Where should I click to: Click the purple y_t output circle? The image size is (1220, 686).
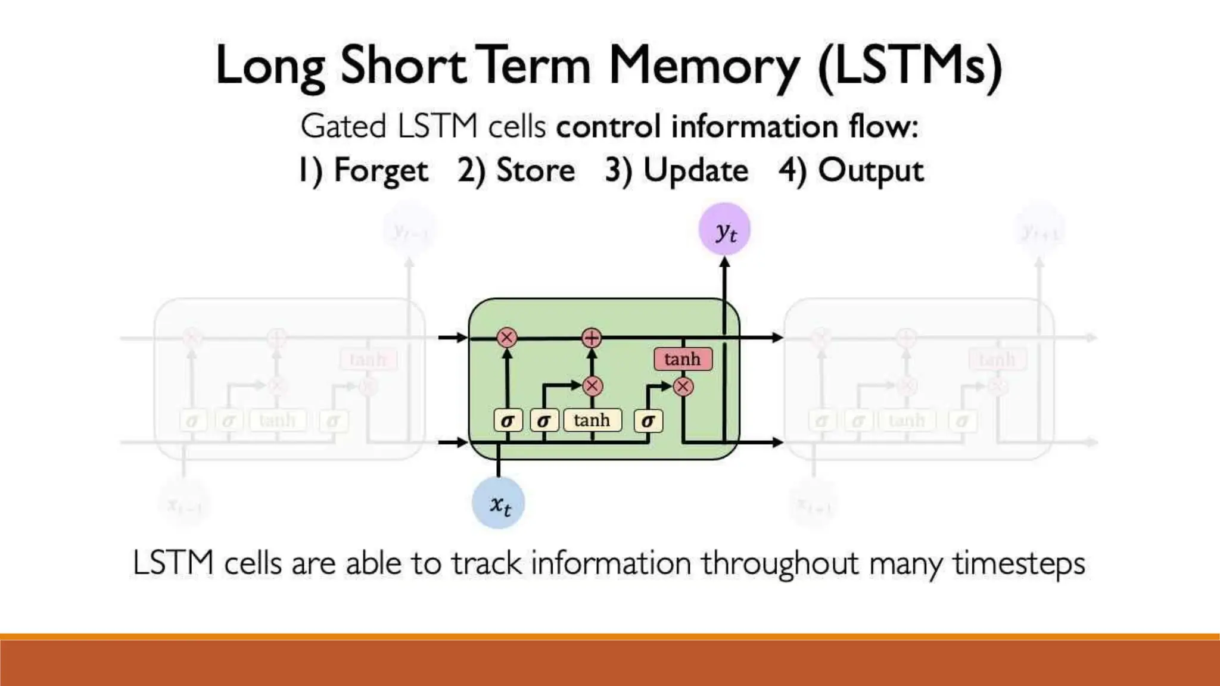[x=724, y=230]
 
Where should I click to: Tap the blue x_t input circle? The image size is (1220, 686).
[x=499, y=503]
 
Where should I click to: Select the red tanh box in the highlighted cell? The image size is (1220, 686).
[x=683, y=359]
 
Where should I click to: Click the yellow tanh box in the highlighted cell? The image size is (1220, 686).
[x=592, y=420]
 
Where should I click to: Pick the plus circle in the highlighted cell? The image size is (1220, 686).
[x=592, y=338]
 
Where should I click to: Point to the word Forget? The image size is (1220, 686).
[x=381, y=171]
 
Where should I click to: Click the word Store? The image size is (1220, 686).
[x=536, y=171]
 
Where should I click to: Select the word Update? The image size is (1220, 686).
[x=696, y=171]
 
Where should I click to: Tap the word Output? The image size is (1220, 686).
[x=870, y=171]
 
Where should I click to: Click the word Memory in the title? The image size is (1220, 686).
[x=704, y=66]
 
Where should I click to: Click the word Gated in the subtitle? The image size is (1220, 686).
[x=344, y=126]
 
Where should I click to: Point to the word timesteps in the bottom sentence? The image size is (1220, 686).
[x=1019, y=563]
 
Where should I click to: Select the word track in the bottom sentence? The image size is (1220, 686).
[x=486, y=563]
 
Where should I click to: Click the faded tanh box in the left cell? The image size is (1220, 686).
[x=278, y=420]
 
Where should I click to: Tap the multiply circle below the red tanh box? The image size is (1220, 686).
[x=683, y=387]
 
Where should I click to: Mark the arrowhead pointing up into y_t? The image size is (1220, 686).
[x=724, y=263]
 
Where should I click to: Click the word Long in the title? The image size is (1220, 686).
[x=270, y=66]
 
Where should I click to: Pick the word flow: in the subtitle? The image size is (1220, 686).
[x=883, y=126]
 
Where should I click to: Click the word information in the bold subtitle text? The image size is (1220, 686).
[x=755, y=126]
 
